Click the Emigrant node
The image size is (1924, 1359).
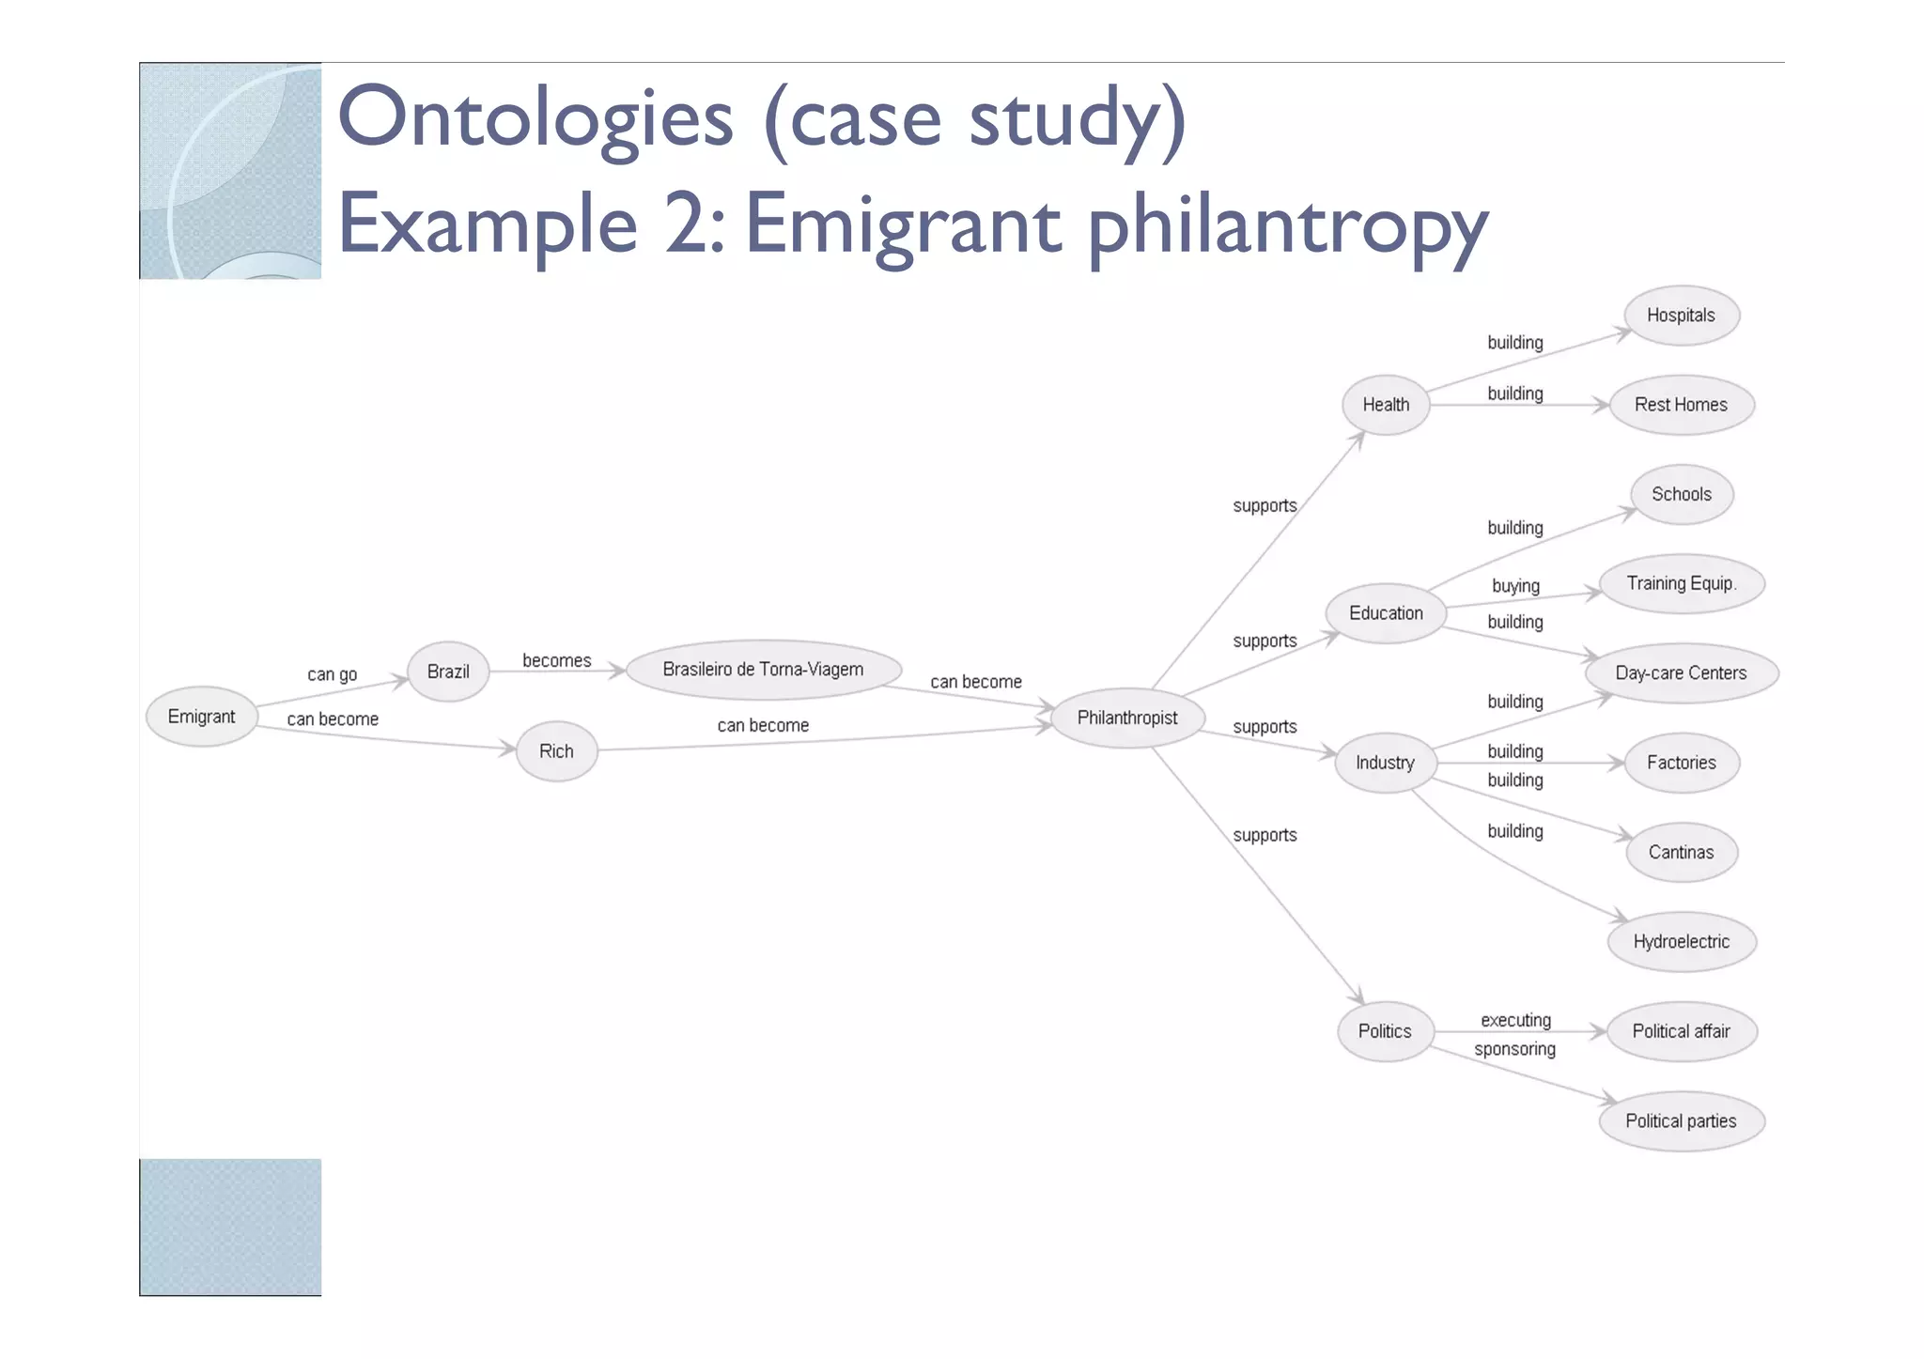tap(201, 717)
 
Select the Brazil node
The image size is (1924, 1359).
tap(448, 672)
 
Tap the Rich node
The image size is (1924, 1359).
tap(556, 751)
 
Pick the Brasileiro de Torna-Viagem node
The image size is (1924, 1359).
tap(763, 670)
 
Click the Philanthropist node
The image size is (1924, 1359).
tap(1126, 718)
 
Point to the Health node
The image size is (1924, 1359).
tap(1386, 405)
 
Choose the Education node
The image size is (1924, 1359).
tap(1386, 613)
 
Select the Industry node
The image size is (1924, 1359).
tap(1385, 763)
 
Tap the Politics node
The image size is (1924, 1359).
tap(1385, 1031)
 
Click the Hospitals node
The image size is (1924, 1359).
tap(1681, 316)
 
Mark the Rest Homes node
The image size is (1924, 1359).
tap(1681, 405)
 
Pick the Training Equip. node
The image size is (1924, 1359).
tap(1681, 583)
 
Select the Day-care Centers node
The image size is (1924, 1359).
tap(1681, 673)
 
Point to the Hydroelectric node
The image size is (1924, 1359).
tap(1681, 942)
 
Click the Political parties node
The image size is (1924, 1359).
tap(1681, 1121)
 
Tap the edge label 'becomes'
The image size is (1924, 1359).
tap(557, 661)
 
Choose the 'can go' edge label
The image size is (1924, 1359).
tap(333, 674)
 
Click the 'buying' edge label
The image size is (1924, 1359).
tap(1515, 586)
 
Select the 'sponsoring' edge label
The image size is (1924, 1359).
tap(1514, 1049)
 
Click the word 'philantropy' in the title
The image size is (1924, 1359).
tap(1287, 225)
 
